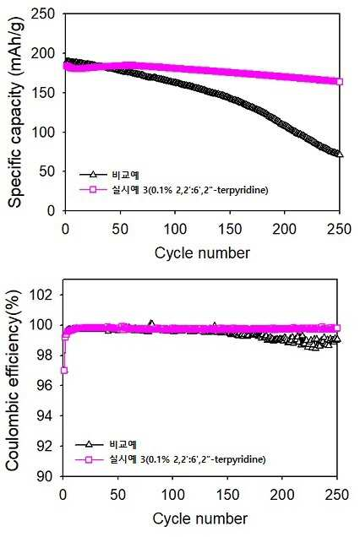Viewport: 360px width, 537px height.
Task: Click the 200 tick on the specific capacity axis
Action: (42, 53)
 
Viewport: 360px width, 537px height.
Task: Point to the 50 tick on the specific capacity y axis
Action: (46, 171)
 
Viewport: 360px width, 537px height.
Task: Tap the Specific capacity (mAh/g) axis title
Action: (14, 111)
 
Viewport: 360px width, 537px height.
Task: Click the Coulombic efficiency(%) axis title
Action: (14, 379)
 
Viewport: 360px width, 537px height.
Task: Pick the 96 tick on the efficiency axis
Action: (46, 385)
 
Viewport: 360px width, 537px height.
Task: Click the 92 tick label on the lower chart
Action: (46, 446)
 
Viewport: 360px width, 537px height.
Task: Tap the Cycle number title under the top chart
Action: (202, 253)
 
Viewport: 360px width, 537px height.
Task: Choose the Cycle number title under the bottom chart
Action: (200, 518)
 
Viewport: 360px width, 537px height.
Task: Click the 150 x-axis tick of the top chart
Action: (230, 229)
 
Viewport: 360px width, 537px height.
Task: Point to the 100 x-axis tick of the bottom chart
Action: (172, 495)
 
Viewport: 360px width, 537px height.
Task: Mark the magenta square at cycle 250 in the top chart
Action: (340, 82)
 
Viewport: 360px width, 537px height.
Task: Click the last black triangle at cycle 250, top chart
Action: (340, 154)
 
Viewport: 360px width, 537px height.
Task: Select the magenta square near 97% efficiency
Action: (63, 370)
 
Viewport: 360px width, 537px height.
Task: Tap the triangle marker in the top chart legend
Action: (93, 174)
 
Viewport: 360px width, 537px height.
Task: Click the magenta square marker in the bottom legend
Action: (89, 459)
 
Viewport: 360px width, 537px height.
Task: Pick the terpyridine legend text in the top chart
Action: (189, 189)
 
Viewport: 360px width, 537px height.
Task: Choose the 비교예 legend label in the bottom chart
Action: (123, 444)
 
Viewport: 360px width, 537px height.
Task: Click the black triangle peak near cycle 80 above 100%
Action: (151, 323)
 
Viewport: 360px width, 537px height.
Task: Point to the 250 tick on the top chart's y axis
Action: (42, 14)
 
